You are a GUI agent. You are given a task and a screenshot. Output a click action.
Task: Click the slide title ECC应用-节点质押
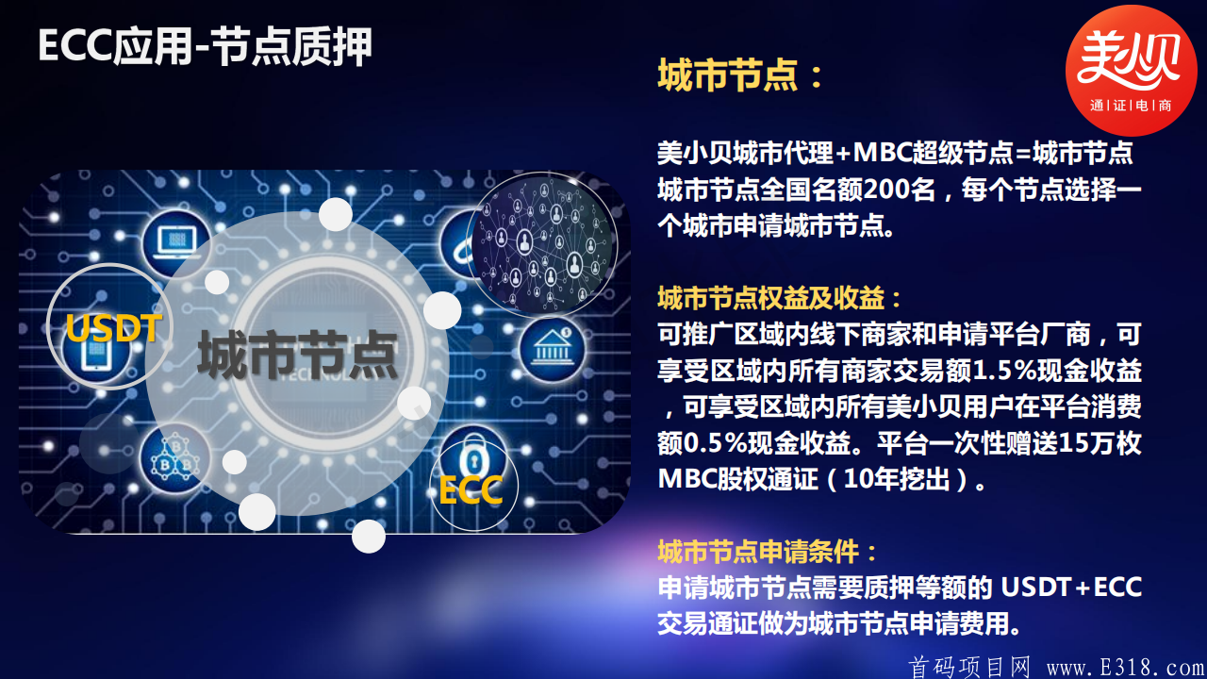[205, 46]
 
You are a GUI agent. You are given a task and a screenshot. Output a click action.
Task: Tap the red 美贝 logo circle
[1131, 71]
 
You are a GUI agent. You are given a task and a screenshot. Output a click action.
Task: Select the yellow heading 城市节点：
[741, 75]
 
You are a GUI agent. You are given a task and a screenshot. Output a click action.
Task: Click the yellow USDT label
[114, 329]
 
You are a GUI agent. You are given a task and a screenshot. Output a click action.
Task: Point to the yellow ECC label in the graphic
[471, 489]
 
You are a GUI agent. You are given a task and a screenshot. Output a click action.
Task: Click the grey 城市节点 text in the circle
[297, 356]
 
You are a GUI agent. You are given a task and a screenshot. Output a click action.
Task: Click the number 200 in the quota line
[885, 190]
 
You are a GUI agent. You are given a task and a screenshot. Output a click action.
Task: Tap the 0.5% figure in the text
[719, 442]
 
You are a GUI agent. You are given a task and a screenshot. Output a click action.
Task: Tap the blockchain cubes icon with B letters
[175, 459]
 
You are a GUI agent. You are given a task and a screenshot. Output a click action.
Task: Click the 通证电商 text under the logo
[1131, 106]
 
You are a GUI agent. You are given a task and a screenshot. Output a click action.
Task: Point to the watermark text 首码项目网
[969, 667]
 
